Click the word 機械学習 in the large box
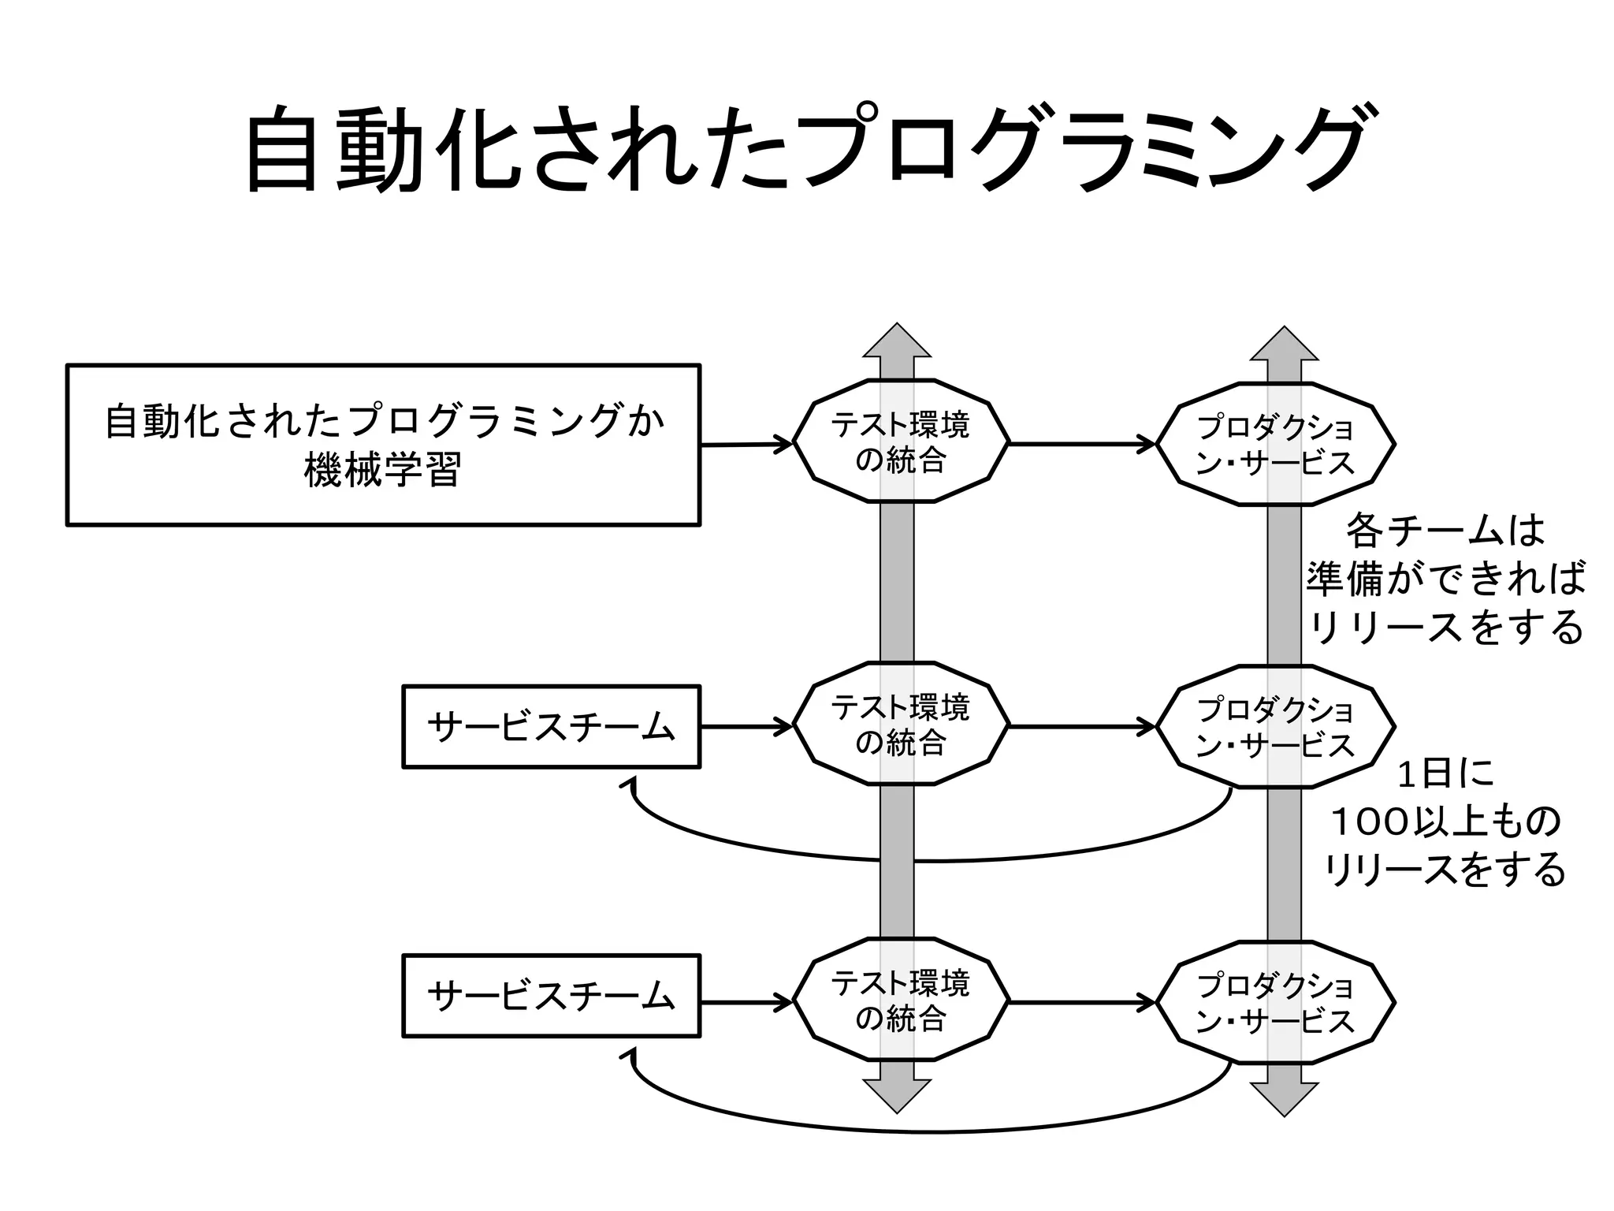tap(382, 471)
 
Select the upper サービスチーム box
tap(551, 726)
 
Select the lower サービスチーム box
tap(551, 996)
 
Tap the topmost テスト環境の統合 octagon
tap(900, 442)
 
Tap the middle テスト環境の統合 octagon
tap(900, 724)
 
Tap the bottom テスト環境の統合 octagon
tap(900, 1000)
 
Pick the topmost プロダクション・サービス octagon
tap(1275, 444)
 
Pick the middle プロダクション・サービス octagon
tap(1275, 727)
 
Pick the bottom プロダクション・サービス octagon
tap(1275, 1003)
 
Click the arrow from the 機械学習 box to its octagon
tap(746, 445)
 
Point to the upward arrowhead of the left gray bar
tap(897, 343)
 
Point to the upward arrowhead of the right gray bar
tap(1284, 345)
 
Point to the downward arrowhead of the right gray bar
tap(1284, 1097)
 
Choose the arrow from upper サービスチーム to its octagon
tap(746, 726)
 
